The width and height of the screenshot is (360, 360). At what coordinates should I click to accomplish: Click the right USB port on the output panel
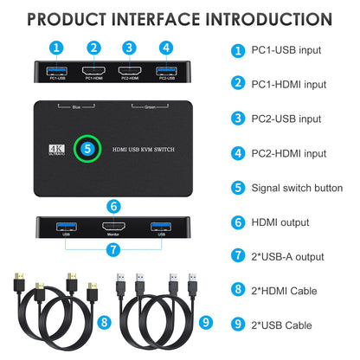pos(158,227)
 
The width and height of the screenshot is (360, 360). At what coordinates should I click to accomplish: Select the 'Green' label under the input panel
pos(148,107)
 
